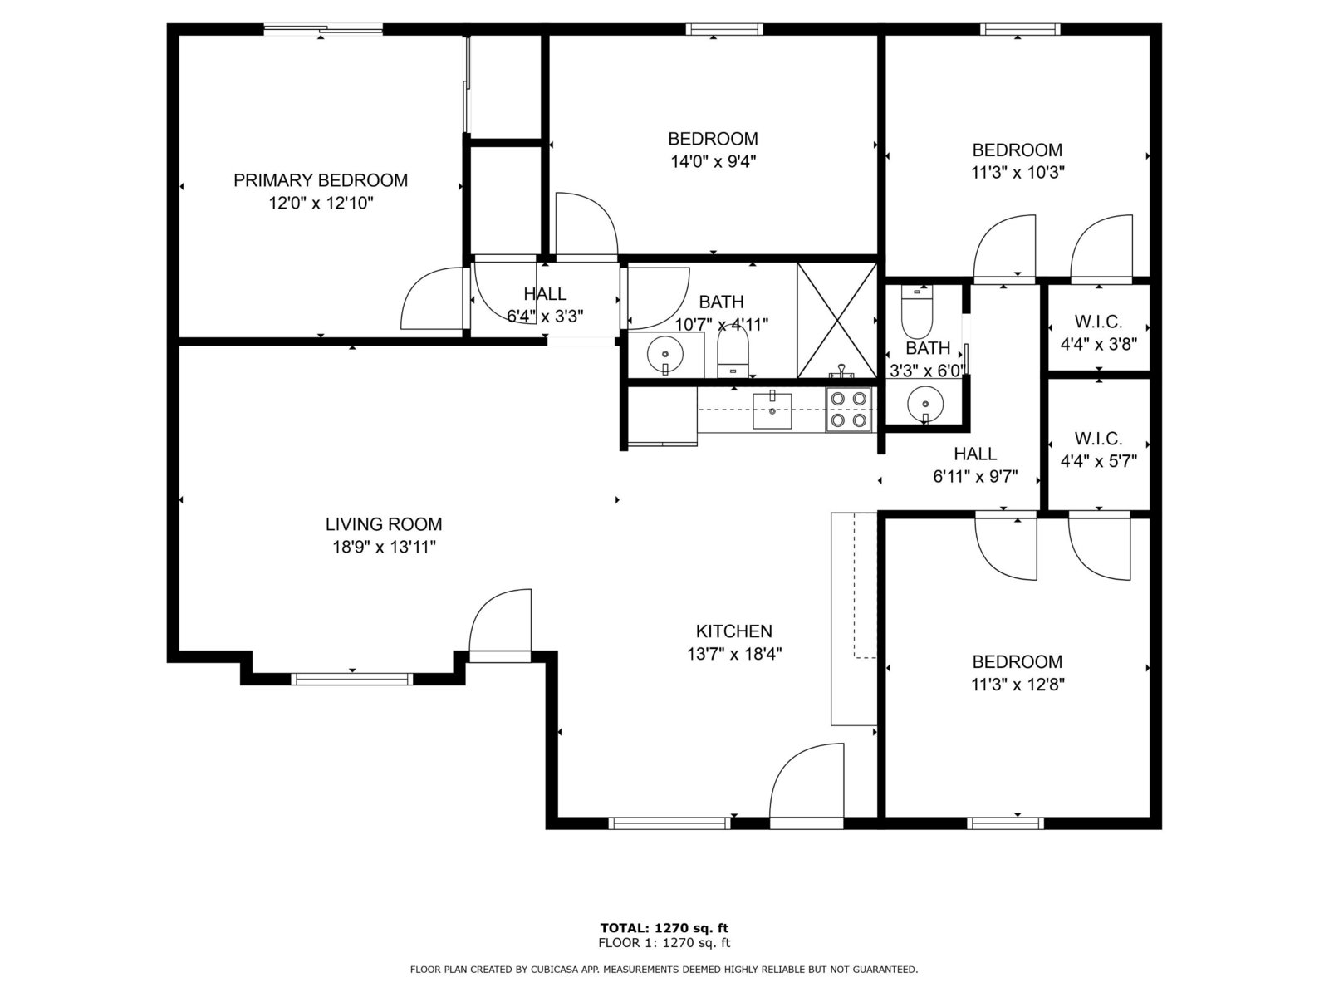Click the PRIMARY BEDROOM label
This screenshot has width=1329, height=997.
point(321,180)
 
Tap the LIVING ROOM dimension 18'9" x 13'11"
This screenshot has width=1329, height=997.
point(384,548)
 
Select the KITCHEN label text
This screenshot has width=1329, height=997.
point(733,631)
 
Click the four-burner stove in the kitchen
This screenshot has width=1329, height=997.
point(848,410)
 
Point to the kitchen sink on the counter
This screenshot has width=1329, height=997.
point(772,410)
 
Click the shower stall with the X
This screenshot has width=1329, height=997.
point(836,321)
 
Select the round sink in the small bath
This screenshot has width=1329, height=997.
point(924,404)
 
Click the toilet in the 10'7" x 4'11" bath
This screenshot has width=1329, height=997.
point(733,353)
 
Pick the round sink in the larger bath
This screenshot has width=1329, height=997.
point(665,354)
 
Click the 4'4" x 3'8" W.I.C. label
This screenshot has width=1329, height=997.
point(1098,333)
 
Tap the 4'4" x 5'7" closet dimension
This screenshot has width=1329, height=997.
point(1098,461)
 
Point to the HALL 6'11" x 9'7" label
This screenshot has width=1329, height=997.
point(975,465)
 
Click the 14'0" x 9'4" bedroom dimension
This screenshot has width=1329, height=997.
point(714,162)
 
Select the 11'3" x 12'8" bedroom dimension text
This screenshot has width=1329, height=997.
point(1018,685)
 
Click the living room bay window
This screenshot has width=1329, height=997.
point(352,679)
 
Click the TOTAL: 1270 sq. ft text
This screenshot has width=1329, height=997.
point(664,928)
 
